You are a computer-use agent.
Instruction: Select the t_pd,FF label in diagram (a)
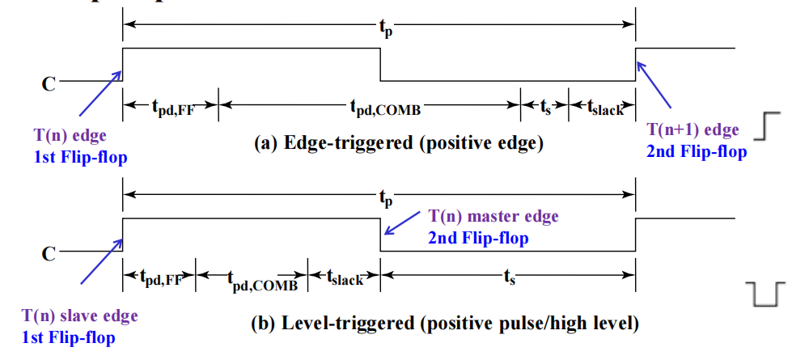tap(172, 105)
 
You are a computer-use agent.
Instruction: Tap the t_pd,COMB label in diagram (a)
tap(386, 105)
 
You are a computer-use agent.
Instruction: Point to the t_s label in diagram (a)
tap(544, 105)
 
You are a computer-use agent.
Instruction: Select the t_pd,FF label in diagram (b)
tap(159, 279)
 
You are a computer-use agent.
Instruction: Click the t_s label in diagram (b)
tap(508, 277)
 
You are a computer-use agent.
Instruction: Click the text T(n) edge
tap(71, 135)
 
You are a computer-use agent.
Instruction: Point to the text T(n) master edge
tap(493, 217)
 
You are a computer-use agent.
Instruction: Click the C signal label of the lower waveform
tap(49, 253)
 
